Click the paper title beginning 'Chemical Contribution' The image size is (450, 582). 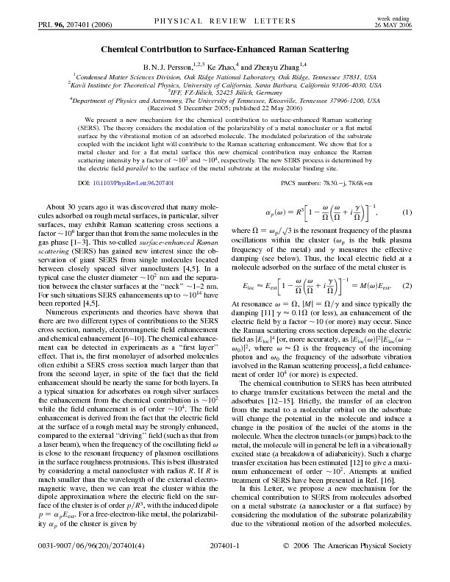coord(225,49)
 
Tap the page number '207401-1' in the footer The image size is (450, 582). coord(225,566)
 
